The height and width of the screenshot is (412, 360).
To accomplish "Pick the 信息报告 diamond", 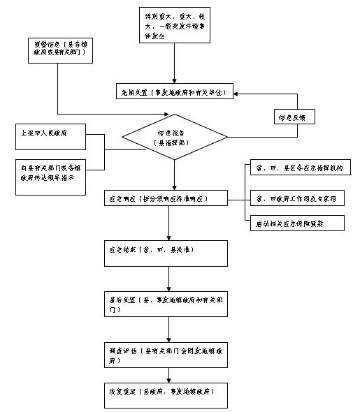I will click(x=175, y=136).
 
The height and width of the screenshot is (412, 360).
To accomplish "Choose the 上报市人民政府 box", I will click(x=50, y=137).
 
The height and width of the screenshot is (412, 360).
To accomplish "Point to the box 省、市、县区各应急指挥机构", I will click(x=299, y=170).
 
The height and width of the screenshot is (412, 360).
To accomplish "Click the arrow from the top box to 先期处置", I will click(x=174, y=67).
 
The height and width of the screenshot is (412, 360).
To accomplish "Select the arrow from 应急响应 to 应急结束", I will click(x=168, y=223).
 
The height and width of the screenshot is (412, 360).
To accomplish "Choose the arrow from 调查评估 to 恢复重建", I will click(x=168, y=375).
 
